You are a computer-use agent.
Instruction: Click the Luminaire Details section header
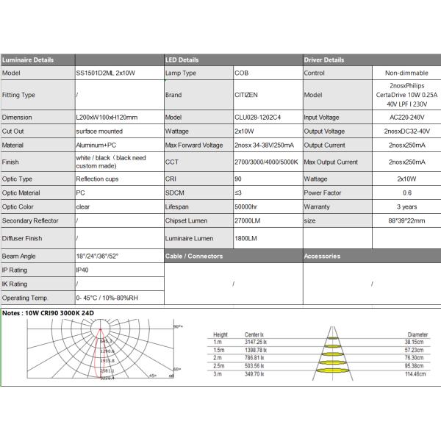pos(28,60)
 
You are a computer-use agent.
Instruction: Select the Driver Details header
pos(323,60)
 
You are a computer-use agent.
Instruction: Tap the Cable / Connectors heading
pos(195,256)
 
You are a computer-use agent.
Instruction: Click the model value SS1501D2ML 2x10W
pos(106,73)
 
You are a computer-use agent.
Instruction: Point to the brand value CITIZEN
pos(246,95)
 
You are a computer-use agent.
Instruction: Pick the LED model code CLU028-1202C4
pos(258,117)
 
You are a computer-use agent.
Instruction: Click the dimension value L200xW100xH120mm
pos(107,117)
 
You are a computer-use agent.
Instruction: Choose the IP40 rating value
pos(82,270)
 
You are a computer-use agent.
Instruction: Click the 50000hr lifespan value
pos(246,207)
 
